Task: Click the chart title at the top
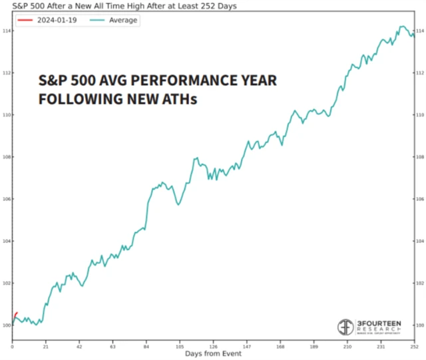click(120, 5)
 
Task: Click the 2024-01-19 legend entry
click(48, 21)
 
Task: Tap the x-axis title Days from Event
click(213, 354)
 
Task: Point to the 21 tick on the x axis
click(45, 347)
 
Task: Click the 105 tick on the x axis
click(179, 347)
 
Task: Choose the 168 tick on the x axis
click(280, 347)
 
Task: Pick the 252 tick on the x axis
click(413, 347)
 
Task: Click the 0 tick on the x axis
click(12, 347)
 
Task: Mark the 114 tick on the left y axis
click(6, 31)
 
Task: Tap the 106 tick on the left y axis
click(6, 199)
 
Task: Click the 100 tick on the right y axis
click(419, 325)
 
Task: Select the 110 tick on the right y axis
click(419, 115)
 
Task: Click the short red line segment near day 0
click(15, 315)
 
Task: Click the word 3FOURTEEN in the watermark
click(380, 323)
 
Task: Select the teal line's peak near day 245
click(402, 27)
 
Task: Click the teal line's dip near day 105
click(178, 204)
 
